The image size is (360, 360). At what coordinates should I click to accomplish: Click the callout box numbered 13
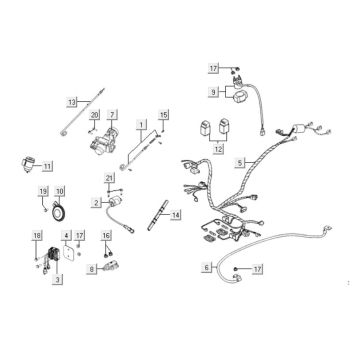coord(71,102)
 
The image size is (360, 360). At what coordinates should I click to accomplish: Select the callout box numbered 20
coord(95,115)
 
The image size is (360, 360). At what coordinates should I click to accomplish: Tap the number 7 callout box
coord(112,115)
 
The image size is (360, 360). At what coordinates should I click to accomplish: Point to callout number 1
coord(141,125)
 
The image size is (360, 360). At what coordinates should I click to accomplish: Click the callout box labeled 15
coord(163,115)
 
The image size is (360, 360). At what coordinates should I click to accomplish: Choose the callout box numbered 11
coord(48,166)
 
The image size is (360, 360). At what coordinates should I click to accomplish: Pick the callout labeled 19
coord(43,191)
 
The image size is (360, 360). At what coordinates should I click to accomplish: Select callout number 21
coord(109,178)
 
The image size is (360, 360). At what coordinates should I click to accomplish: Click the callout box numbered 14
coord(175,215)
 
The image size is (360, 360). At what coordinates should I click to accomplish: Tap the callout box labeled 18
coord(37,236)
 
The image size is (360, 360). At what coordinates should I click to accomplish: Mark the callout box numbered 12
coord(218,150)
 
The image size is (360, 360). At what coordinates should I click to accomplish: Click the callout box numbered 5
coord(240,163)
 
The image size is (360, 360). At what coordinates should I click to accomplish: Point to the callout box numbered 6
coord(207,267)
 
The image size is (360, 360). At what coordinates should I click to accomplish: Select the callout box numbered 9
coord(213,92)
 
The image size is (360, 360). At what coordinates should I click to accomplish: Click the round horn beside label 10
coord(60,211)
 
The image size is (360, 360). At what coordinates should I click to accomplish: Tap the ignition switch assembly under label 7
coord(103,142)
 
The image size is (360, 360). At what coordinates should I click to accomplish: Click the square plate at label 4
coord(70,252)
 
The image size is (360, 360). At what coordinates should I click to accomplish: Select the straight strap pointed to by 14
coord(158,215)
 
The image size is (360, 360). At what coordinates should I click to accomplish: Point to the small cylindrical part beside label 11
coord(27,163)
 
